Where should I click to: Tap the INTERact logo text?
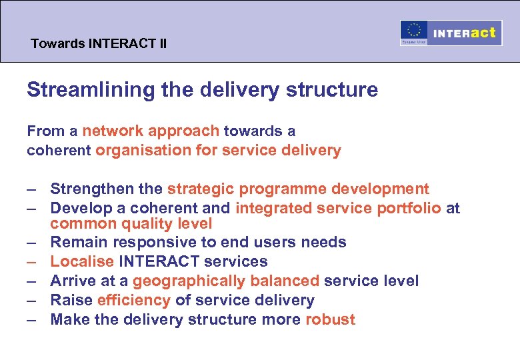tap(465, 33)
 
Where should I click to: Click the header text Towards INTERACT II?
tap(99, 45)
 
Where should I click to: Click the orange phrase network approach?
tap(151, 131)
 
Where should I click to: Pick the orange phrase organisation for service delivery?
tap(218, 151)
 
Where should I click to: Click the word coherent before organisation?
tap(59, 151)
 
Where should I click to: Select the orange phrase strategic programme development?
tap(298, 190)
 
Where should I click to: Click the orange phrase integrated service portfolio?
tap(338, 209)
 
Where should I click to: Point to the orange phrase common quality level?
tap(131, 224)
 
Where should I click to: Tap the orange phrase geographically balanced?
tap(226, 281)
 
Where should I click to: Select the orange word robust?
tap(330, 319)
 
